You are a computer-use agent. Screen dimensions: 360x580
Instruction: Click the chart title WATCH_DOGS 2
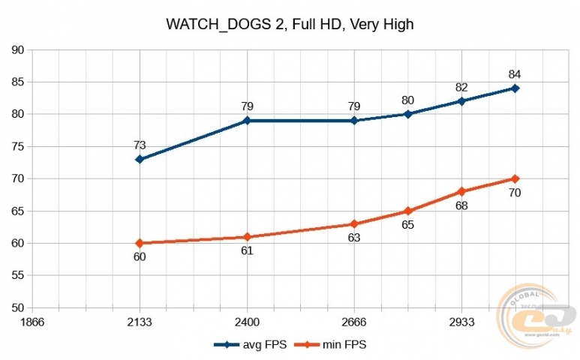[x=290, y=25]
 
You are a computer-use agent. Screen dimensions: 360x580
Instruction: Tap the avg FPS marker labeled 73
[x=140, y=160]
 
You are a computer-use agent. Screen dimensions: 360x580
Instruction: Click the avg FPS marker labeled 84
[x=515, y=88]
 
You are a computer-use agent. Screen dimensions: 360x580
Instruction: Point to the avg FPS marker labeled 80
[x=407, y=114]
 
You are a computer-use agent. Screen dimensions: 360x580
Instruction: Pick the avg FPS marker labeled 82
[x=461, y=101]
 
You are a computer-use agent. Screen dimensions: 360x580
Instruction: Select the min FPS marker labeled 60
[x=140, y=243]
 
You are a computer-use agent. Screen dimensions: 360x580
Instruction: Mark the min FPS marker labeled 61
[x=247, y=237]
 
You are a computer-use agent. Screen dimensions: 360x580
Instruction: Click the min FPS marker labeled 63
[x=354, y=224]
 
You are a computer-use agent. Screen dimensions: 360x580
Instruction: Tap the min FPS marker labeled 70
[x=515, y=178]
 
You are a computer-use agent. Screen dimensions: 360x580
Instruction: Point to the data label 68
[x=461, y=205]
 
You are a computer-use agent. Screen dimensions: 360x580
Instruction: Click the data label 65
[x=407, y=224]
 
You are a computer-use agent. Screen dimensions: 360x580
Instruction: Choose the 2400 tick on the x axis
[x=247, y=321]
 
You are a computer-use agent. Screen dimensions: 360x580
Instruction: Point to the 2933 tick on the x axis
[x=461, y=321]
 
